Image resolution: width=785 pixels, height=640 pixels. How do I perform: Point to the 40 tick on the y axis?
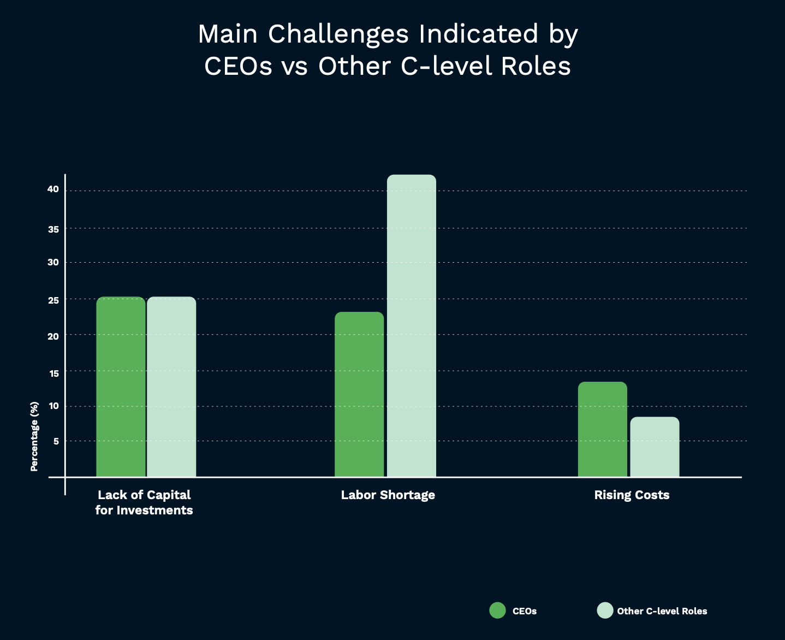[x=53, y=189]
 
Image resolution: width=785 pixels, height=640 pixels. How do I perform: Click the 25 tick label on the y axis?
[x=53, y=300]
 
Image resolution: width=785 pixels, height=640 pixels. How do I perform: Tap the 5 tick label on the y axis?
[x=56, y=441]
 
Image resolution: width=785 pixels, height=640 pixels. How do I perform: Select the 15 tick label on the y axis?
[x=53, y=374]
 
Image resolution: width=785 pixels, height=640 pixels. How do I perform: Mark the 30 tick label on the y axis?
[x=53, y=262]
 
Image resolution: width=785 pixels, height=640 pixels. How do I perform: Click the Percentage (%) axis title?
[x=34, y=436]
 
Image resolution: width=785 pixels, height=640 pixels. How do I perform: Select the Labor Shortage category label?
[x=388, y=495]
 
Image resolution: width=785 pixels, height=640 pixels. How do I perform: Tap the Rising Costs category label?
[x=632, y=495]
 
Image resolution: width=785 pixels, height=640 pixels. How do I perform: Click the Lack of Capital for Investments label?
[x=144, y=502]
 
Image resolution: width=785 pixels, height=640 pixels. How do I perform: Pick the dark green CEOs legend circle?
[x=497, y=611]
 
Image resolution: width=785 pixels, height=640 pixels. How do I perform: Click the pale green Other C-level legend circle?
[x=605, y=611]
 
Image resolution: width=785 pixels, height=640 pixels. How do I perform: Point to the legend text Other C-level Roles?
[x=662, y=611]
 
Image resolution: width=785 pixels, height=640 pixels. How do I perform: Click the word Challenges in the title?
[x=338, y=34]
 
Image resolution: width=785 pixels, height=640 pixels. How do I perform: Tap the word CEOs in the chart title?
[x=238, y=67]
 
